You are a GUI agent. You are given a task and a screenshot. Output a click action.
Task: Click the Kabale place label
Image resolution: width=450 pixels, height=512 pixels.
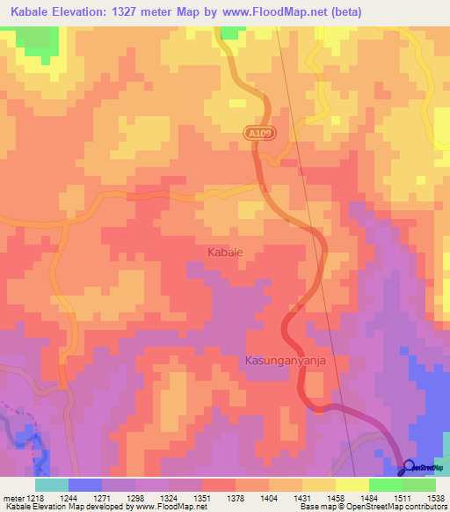[225, 252]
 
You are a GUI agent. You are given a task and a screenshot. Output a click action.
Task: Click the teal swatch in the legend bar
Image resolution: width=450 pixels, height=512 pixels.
[51, 485]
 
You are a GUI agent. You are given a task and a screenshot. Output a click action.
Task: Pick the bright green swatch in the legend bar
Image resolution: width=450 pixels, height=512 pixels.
[386, 485]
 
